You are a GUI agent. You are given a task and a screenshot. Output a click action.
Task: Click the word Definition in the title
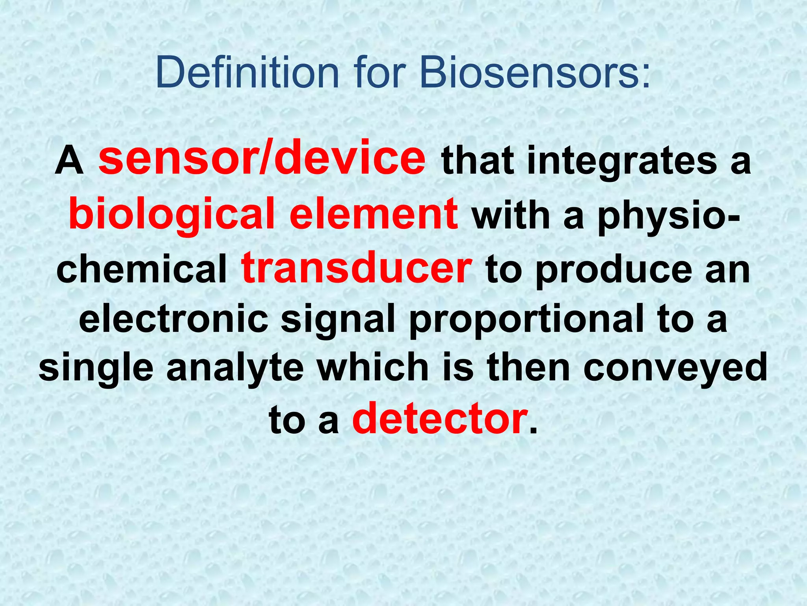coord(247,73)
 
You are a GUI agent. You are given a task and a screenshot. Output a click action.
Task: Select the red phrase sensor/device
coord(262,159)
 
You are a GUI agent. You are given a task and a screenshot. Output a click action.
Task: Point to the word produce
coord(614,270)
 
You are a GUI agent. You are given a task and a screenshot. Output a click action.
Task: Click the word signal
coord(338,320)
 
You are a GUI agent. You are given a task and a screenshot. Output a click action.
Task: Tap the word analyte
coord(235,369)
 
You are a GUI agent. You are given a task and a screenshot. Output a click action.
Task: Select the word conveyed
coord(675,369)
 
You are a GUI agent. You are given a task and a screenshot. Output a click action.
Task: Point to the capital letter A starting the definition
coord(69,162)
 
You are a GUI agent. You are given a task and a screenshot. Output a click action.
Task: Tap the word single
coord(96,369)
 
